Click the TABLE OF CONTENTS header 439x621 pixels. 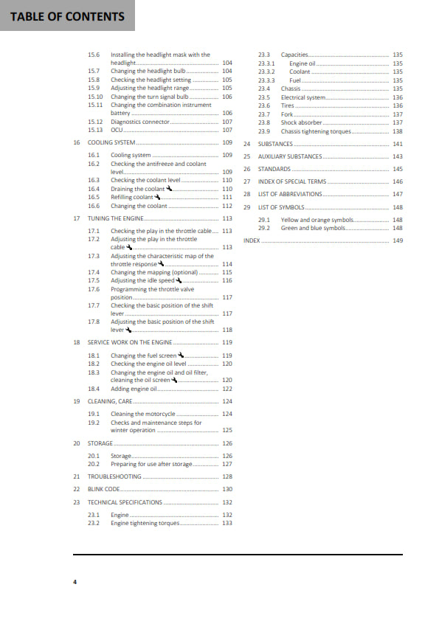point(67,16)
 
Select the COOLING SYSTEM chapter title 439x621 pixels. point(111,142)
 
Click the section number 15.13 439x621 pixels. point(94,130)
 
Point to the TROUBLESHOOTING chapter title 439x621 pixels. point(113,477)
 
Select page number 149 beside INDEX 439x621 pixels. point(398,240)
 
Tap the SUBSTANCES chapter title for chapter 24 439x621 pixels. point(275,144)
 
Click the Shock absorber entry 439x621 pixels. point(301,122)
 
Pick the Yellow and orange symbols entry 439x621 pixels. point(317,220)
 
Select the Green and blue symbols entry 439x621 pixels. point(313,228)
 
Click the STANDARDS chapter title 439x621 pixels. point(274,169)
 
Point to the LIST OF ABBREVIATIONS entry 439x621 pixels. point(290,194)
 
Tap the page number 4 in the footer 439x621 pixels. point(75,582)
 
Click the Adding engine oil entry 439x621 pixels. point(134,389)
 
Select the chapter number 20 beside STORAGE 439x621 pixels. point(77,443)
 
